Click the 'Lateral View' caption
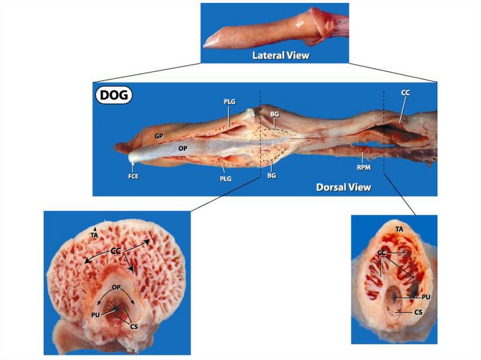point(281,55)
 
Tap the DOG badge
point(114,96)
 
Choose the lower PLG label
point(224,179)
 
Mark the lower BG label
point(271,176)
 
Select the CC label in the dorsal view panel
point(405,93)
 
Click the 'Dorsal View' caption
point(343,187)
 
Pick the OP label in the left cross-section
point(116,287)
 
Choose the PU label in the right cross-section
point(427,297)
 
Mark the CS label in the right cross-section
point(419,311)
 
